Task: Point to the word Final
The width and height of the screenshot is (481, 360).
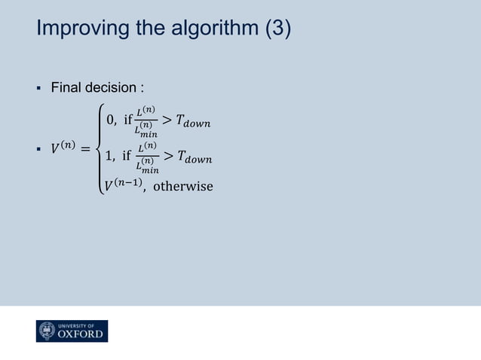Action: [66, 89]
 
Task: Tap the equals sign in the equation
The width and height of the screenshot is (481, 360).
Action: [85, 149]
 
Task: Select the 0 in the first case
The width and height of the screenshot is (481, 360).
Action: [111, 121]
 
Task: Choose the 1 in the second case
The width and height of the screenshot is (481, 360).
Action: [111, 159]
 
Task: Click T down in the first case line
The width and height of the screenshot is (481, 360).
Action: [192, 121]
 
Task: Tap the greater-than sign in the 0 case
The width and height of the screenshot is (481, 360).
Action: [166, 121]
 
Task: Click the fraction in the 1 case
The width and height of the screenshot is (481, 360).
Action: [147, 159]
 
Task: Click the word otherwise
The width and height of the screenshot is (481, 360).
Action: [182, 186]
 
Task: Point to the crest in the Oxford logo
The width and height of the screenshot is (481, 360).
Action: [47, 331]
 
